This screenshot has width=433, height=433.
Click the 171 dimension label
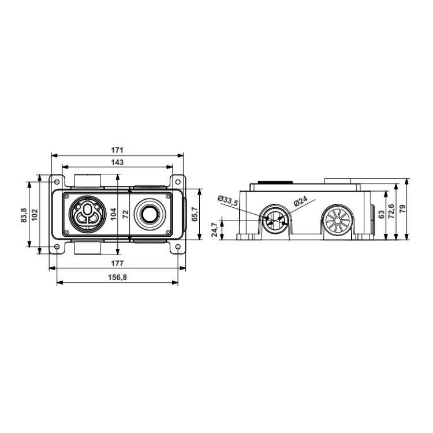point(117,150)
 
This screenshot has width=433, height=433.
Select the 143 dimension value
point(117,162)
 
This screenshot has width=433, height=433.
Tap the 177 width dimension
point(117,263)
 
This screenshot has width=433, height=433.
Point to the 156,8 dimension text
point(117,277)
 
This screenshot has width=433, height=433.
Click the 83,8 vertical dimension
point(24,215)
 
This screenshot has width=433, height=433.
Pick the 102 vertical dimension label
point(35,215)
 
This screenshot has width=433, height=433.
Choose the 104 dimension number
point(114,214)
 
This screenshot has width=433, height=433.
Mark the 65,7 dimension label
point(195,214)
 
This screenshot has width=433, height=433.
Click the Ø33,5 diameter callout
point(227,200)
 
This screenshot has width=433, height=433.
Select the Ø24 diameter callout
point(300,201)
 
